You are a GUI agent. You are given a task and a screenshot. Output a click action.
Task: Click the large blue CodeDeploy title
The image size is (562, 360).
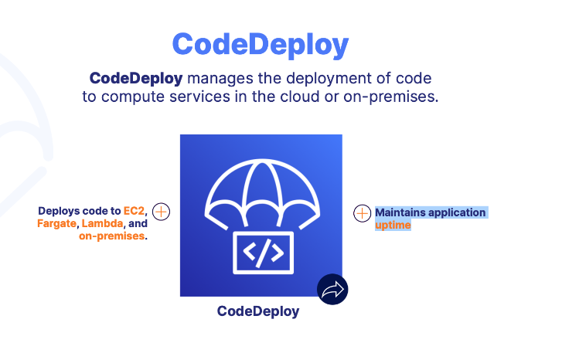coord(260,44)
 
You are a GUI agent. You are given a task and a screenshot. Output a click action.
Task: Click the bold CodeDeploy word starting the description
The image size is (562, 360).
coord(135,79)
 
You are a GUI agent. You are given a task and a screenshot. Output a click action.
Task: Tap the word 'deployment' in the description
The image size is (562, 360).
coord(316,79)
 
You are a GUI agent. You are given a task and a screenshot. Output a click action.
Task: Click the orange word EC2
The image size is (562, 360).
coord(135,211)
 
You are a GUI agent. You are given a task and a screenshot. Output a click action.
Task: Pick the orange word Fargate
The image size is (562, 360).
coord(56,224)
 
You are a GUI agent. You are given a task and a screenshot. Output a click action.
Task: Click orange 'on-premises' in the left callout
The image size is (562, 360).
coord(113,236)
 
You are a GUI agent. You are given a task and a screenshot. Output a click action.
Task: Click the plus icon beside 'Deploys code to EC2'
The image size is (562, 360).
coord(161,212)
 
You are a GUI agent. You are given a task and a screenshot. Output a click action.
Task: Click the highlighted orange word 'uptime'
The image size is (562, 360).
coord(393,225)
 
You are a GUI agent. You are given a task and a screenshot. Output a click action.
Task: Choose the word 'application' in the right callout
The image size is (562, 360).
coord(457,212)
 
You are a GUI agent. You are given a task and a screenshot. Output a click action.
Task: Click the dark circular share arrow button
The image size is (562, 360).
coord(332,290)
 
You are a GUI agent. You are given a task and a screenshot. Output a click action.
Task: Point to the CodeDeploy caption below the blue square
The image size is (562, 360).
coord(257,311)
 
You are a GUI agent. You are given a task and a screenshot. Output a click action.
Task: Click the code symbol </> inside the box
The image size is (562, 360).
coord(262,250)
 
